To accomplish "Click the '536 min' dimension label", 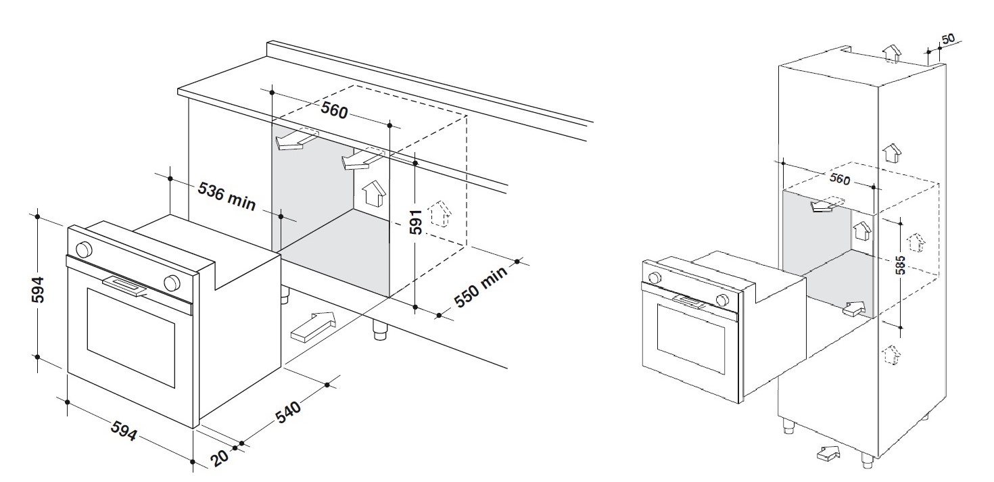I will coord(227,197).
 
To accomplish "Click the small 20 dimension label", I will coord(219,458).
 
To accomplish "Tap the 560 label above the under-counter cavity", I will coord(334,109).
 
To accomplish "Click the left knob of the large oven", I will coord(85,249).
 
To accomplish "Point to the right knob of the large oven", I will coord(172,281).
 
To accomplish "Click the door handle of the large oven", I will coord(125,287).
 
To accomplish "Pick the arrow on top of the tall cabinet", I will coord(893,53).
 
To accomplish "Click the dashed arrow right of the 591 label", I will coord(441,214).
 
